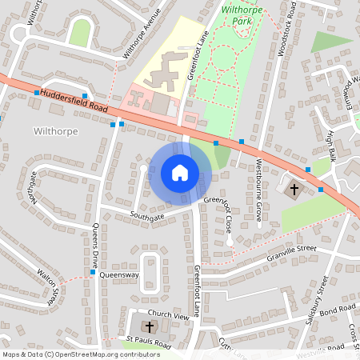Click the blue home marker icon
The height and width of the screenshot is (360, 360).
[180, 172]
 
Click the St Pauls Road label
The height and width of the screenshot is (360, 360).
[149, 342]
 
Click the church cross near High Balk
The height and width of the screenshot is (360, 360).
[294, 190]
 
